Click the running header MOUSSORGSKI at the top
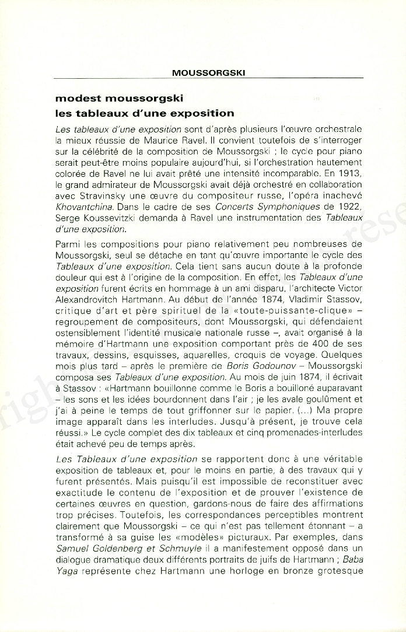208,73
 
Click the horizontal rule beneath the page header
208,78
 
